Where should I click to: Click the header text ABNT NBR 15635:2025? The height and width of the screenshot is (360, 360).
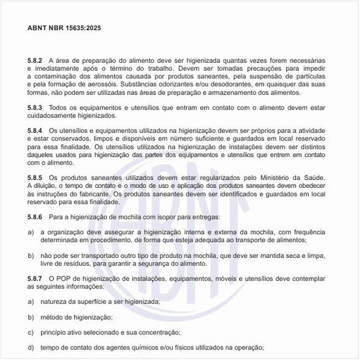64,29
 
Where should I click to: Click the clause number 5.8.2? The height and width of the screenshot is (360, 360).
35,60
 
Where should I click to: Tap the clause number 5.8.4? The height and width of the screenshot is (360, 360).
35,130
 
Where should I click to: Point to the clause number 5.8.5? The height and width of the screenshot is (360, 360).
35,177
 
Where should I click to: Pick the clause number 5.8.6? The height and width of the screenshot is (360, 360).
35,216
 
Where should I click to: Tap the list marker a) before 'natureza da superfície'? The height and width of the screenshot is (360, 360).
31,301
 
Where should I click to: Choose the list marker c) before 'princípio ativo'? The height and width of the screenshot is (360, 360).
31,332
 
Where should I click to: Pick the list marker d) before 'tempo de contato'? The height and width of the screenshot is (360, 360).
31,348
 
